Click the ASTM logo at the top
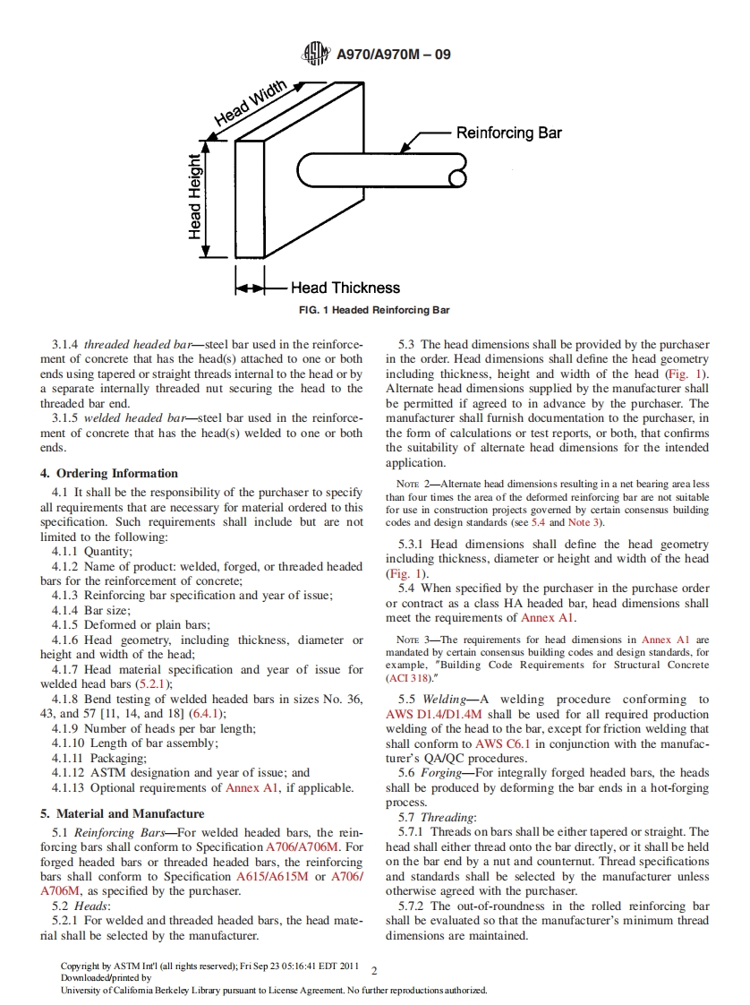tap(316, 55)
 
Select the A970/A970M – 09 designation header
tap(394, 55)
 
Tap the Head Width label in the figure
tap(251, 104)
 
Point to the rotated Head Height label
tap(195, 196)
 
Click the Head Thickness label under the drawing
tap(345, 288)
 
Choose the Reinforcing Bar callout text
tap(508, 133)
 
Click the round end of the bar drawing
tap(457, 177)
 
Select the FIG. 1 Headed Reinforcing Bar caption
tap(375, 311)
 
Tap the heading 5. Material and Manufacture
tap(122, 813)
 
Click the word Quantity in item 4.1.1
tap(107, 552)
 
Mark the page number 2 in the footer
tap(375, 970)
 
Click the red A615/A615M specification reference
tap(304, 877)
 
